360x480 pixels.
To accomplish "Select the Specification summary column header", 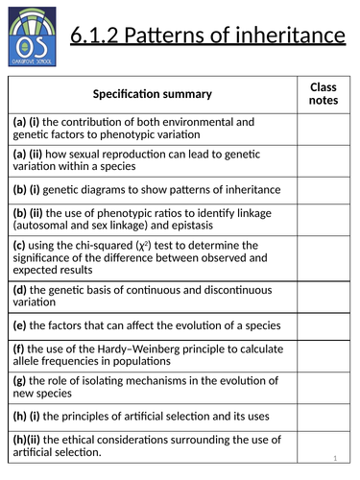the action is click(153, 94).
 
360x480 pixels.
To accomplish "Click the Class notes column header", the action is click(322, 93).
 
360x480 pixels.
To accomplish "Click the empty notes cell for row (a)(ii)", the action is click(323, 157).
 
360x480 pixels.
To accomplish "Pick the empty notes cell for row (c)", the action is click(323, 257).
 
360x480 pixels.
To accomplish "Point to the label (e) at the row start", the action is click(18, 324).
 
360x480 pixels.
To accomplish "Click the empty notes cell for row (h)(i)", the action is click(323, 416).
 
